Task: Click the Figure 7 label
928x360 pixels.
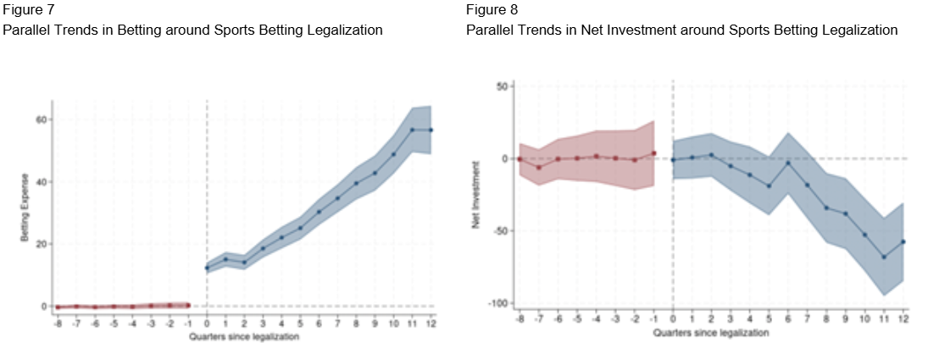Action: click(x=26, y=10)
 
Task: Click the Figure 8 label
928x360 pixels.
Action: click(x=491, y=10)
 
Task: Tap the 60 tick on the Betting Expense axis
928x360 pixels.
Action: click(x=39, y=119)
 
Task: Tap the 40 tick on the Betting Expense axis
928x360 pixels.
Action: click(x=39, y=181)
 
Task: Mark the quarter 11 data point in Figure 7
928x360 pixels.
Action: click(x=413, y=130)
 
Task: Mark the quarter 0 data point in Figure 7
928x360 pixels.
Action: click(x=207, y=268)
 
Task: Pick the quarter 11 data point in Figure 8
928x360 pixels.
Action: click(x=884, y=257)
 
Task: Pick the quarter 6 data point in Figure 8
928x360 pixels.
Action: click(x=789, y=163)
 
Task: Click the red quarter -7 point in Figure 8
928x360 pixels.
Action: click(x=539, y=168)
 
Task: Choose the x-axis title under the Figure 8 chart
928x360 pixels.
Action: click(x=710, y=333)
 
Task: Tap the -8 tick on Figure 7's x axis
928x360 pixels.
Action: click(x=57, y=322)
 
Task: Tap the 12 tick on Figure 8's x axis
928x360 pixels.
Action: click(x=903, y=319)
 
